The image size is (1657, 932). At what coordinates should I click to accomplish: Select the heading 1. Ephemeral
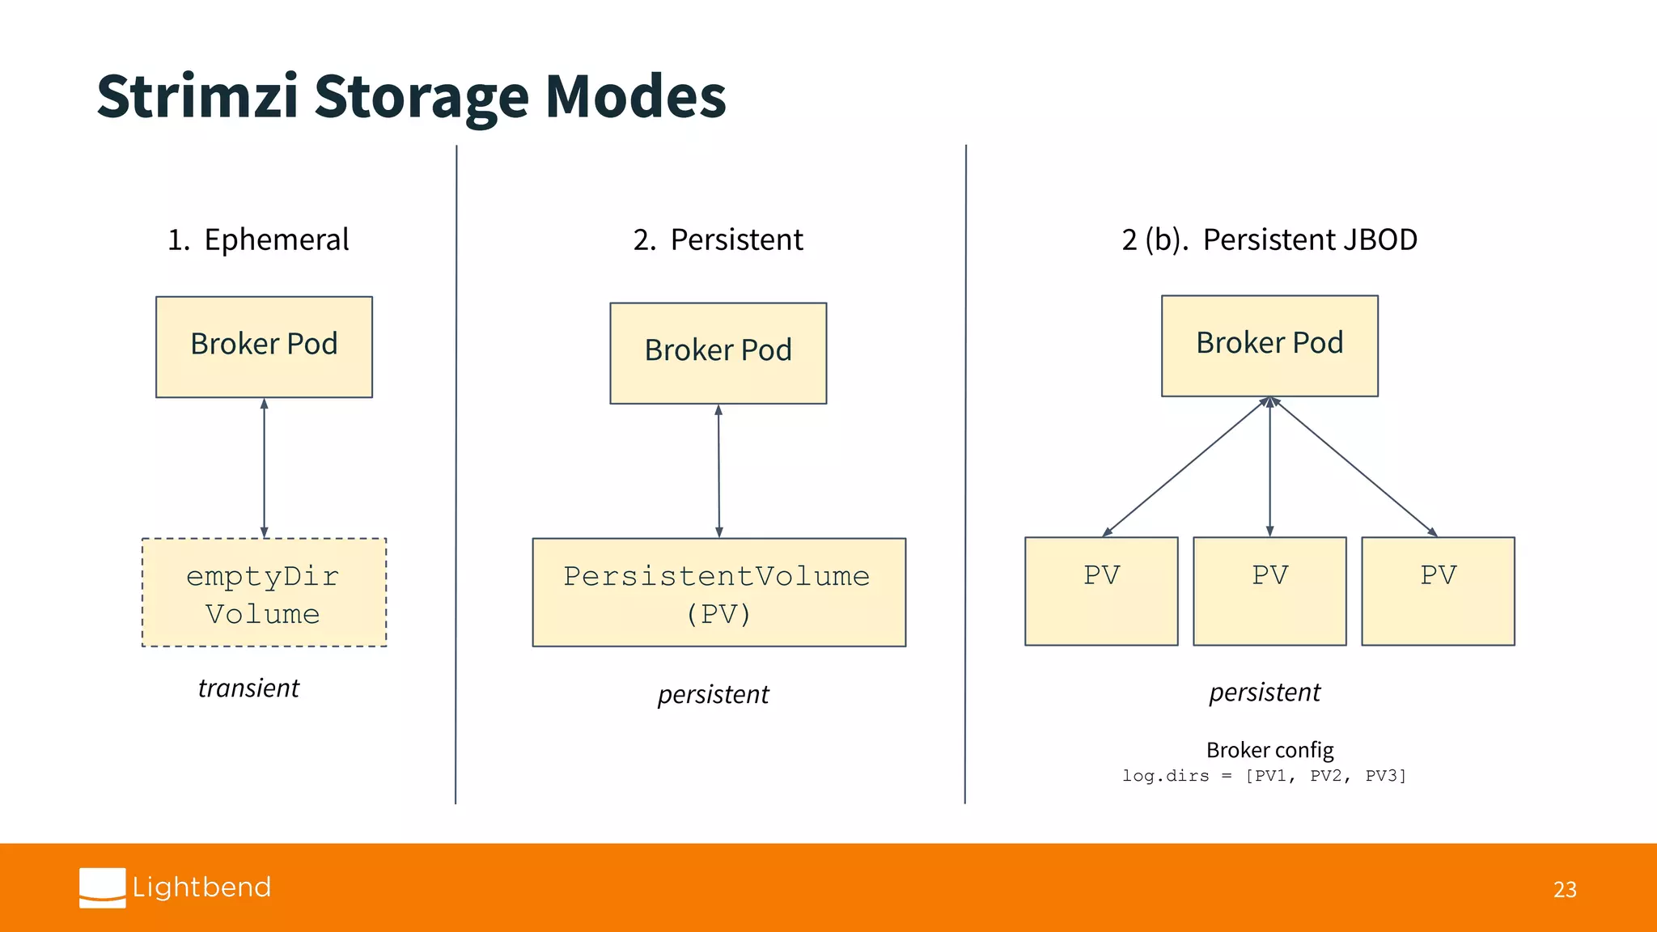[258, 239]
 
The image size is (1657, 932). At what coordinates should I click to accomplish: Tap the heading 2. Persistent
[718, 239]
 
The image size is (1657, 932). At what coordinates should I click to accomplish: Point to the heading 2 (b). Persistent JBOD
[1269, 239]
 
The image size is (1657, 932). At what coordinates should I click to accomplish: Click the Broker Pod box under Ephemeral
[264, 346]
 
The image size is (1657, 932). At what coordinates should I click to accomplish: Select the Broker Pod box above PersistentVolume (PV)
[718, 353]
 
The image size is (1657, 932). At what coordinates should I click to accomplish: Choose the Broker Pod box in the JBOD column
[1269, 345]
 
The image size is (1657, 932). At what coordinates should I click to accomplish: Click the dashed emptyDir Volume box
[264, 592]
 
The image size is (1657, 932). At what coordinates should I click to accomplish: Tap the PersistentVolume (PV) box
[718, 592]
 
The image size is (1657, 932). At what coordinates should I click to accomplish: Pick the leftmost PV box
[1101, 591]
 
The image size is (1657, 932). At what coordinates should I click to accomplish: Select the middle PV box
[1269, 591]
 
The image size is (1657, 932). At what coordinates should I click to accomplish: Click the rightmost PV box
[1438, 591]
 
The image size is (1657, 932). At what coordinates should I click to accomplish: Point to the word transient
[248, 688]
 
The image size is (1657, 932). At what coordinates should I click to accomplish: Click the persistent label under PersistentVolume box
[713, 694]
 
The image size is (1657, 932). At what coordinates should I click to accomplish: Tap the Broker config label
[1269, 750]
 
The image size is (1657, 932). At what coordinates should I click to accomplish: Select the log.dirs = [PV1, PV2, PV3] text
[1264, 776]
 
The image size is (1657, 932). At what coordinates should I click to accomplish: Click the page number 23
[1565, 889]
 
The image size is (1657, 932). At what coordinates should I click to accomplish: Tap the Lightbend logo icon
[103, 888]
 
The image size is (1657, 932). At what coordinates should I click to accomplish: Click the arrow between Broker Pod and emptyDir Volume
[264, 468]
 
